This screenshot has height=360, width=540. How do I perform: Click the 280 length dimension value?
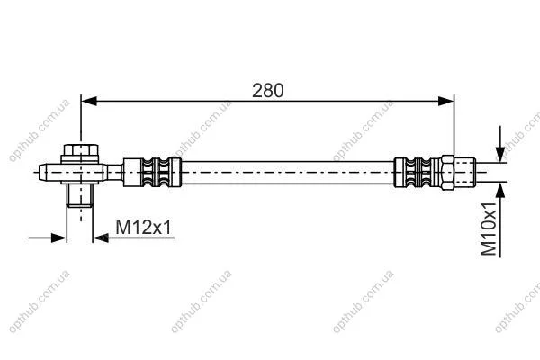(268, 91)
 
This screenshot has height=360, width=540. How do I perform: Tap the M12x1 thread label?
(143, 228)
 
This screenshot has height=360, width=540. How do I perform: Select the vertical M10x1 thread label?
(489, 229)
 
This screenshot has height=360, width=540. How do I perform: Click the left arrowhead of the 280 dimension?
(89, 101)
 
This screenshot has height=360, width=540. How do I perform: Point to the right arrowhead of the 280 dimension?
(446, 101)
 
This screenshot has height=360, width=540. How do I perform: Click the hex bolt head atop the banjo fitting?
(81, 150)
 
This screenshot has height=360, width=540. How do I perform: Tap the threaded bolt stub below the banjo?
(80, 195)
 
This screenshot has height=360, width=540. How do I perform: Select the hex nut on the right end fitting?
(447, 172)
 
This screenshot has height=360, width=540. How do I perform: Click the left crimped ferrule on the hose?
(152, 172)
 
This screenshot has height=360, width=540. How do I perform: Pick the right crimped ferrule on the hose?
(418, 172)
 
